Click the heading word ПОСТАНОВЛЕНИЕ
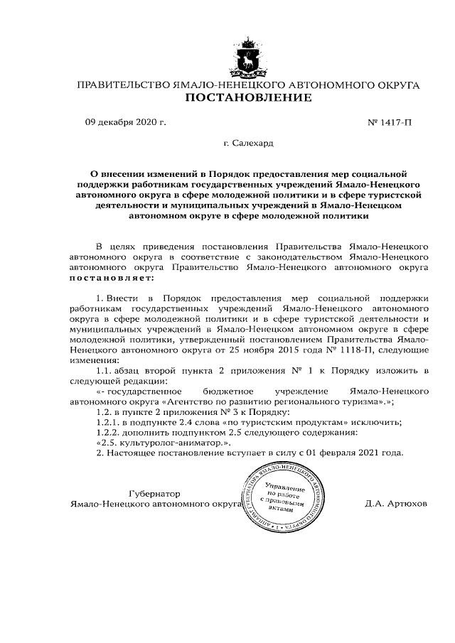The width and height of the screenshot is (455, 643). (248, 97)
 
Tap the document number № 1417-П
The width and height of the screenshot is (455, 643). (390, 121)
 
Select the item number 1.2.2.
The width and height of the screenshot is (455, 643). (108, 432)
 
